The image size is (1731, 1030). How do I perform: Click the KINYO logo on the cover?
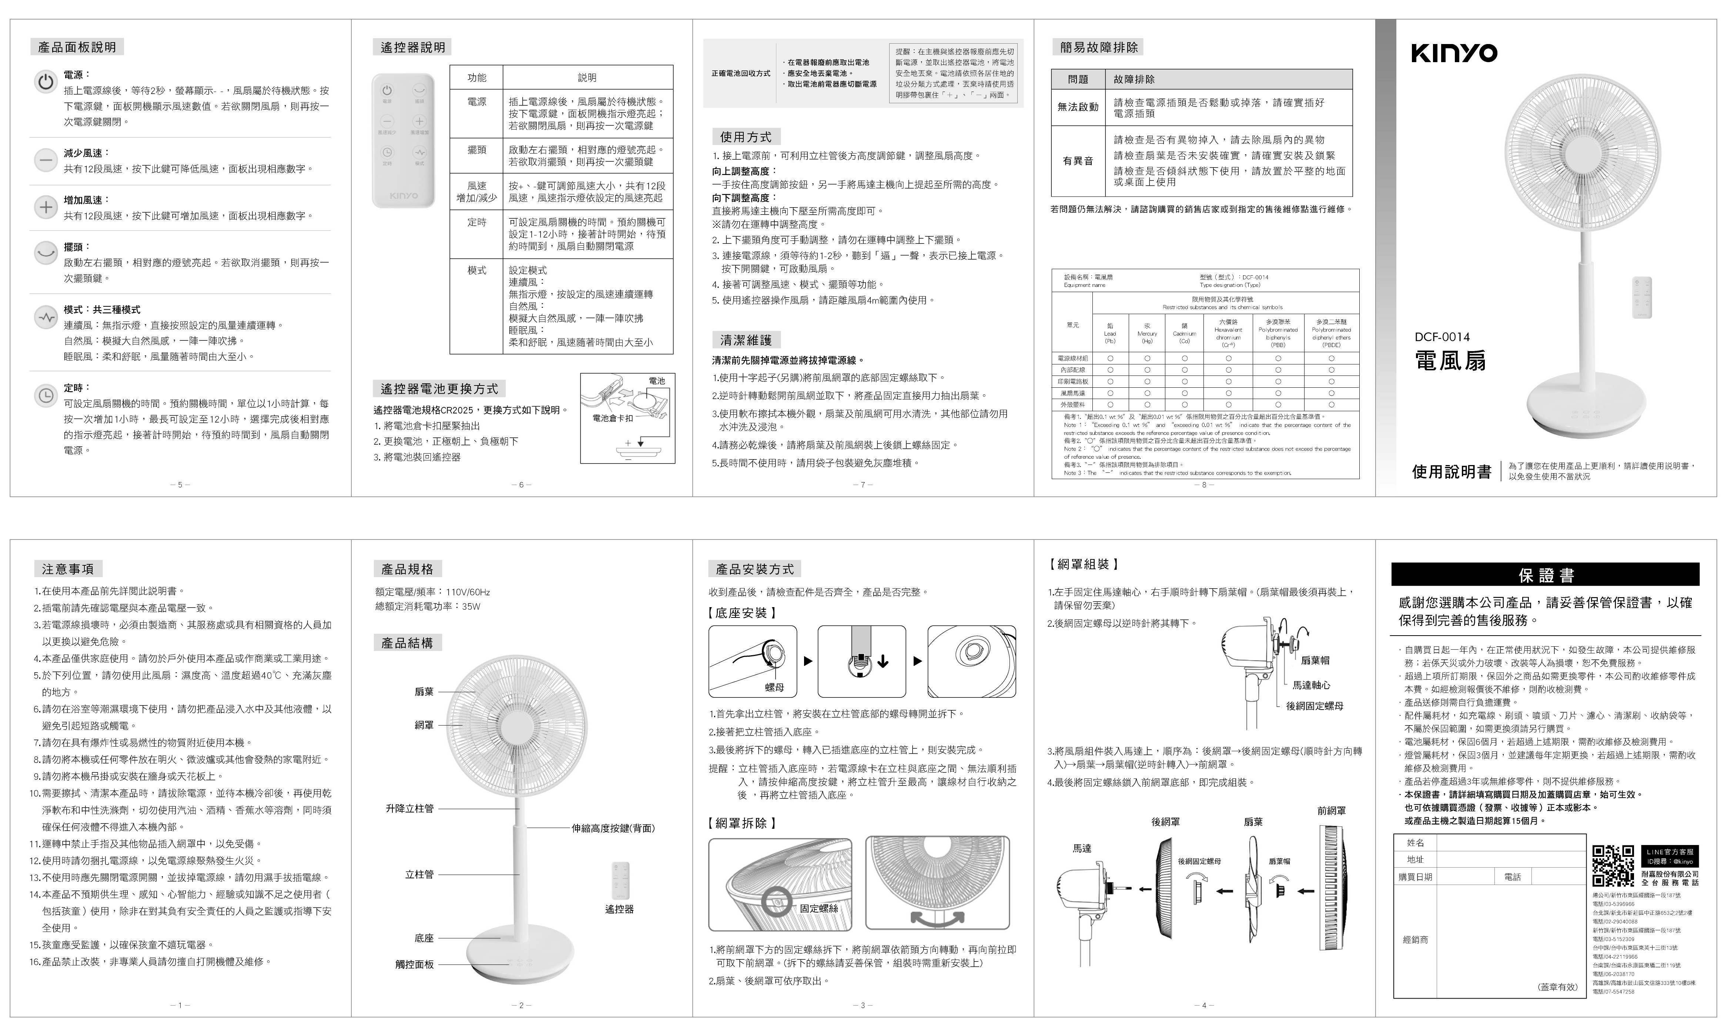pos(1454,53)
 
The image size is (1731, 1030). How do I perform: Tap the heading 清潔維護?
pos(746,340)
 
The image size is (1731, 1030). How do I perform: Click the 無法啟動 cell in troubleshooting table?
pos(1078,107)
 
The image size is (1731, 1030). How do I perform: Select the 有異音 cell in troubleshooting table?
pos(1078,161)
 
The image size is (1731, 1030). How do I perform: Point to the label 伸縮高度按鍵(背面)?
pos(613,828)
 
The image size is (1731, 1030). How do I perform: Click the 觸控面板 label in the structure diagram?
pos(415,964)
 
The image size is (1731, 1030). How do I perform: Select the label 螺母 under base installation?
pos(774,687)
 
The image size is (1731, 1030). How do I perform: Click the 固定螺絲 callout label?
pos(818,908)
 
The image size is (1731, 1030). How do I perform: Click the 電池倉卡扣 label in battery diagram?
pos(612,418)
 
